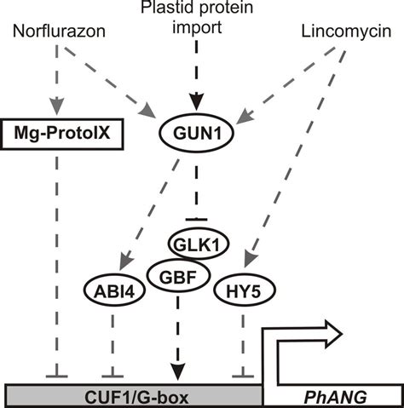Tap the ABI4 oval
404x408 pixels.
click(112, 292)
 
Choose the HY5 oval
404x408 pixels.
click(243, 292)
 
